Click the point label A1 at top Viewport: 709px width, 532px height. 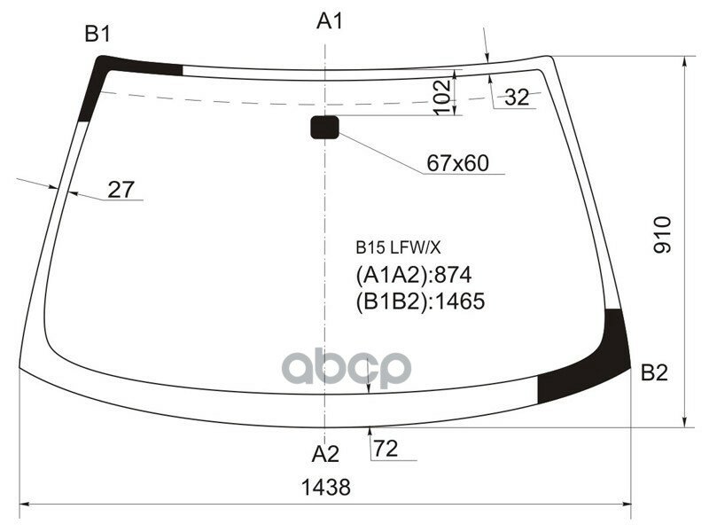(x=330, y=21)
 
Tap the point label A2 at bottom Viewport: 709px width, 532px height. (x=325, y=454)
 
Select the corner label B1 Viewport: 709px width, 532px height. (x=97, y=35)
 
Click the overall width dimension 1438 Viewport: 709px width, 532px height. (x=325, y=487)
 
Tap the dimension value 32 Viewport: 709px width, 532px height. (x=517, y=98)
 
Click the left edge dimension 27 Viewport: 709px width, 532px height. (x=121, y=189)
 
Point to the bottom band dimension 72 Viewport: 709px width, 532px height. (x=386, y=450)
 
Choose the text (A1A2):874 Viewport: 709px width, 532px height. (x=414, y=274)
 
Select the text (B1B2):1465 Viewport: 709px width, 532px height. (x=420, y=301)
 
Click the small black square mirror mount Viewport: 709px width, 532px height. (x=323, y=128)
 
